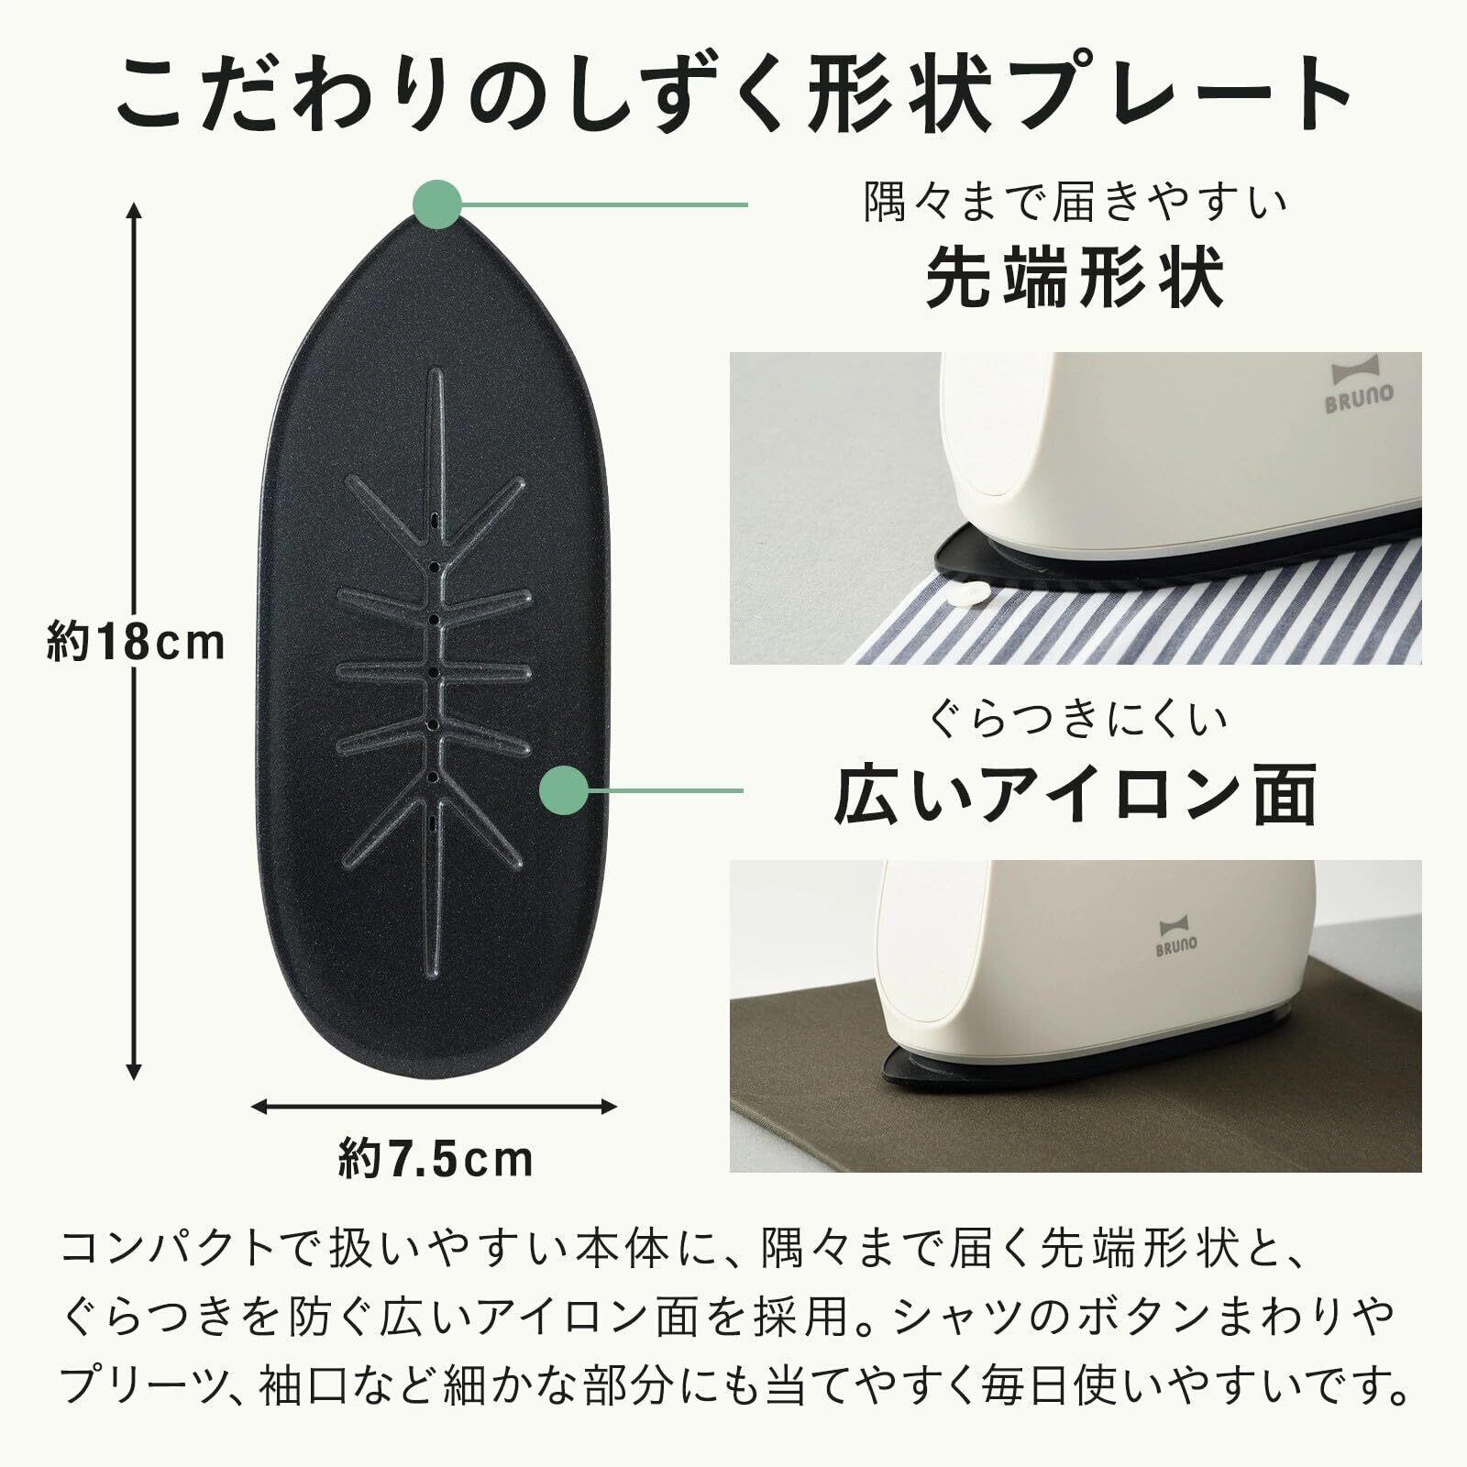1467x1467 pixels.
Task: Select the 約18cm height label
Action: pyautogui.click(x=136, y=643)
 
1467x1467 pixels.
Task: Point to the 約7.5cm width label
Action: pyautogui.click(x=436, y=1159)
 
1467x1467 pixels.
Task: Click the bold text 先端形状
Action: pyautogui.click(x=1075, y=280)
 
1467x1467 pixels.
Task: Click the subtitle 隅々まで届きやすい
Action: pyautogui.click(x=1075, y=204)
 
